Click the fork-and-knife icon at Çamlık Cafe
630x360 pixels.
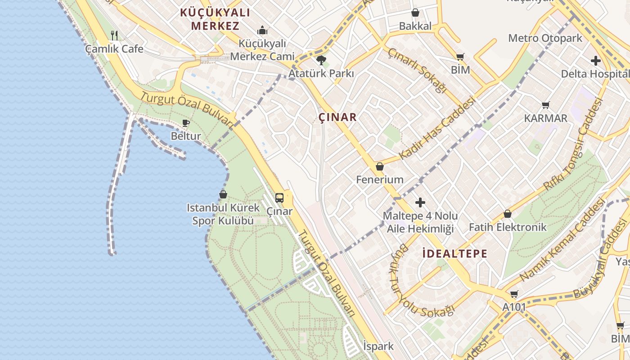tap(114, 35)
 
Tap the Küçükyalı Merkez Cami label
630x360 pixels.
tap(262, 50)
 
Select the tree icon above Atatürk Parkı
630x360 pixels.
tap(321, 60)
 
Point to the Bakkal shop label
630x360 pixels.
tap(415, 26)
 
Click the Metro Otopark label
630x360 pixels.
tap(545, 38)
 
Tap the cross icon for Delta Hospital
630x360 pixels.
tap(596, 61)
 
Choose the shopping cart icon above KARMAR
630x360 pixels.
tap(546, 105)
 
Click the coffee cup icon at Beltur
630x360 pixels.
tap(186, 123)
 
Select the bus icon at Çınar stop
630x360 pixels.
tap(279, 198)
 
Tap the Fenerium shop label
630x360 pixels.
tap(379, 180)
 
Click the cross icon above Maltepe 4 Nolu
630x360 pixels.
tap(420, 202)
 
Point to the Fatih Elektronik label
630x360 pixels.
tap(508, 227)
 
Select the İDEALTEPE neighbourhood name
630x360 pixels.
tap(455, 253)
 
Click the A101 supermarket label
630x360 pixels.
tap(514, 307)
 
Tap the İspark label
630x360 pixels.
tap(378, 346)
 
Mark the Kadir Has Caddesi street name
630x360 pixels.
tap(437, 128)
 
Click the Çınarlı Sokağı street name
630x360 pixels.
tap(417, 70)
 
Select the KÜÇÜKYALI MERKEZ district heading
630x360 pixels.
tap(215, 19)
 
